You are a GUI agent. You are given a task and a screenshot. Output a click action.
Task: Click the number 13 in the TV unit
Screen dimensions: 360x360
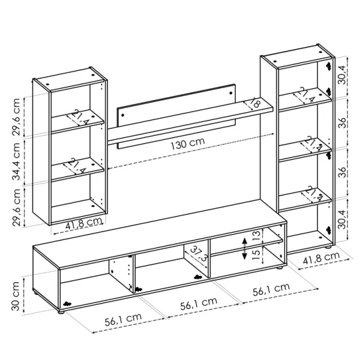pyautogui.click(x=256, y=234)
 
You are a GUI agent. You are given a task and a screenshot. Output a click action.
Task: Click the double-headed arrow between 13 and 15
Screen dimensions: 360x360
pyautogui.click(x=244, y=247)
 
